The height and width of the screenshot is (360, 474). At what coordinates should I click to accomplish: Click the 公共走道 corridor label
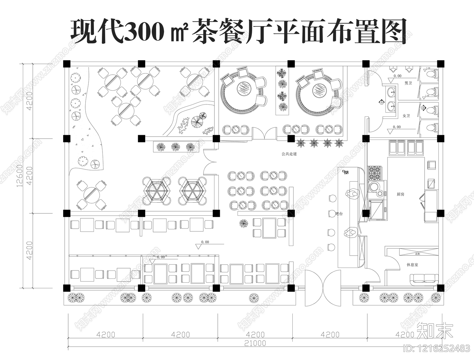[x=289, y=154]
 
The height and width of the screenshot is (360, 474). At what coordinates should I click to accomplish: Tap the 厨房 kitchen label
[x=400, y=194]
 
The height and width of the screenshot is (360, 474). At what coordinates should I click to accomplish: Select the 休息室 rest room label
[x=412, y=265]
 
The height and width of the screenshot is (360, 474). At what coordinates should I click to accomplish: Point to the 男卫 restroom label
[x=408, y=83]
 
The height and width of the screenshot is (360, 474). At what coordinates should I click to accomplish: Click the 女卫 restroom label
[x=406, y=116]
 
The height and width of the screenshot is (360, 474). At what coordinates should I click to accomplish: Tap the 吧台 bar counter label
[x=339, y=214]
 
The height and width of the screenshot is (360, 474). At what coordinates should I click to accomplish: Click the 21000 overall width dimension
[x=255, y=343]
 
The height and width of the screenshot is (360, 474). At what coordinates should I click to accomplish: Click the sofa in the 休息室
[x=424, y=278]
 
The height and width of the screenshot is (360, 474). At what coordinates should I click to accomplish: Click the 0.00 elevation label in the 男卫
[x=397, y=76]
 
